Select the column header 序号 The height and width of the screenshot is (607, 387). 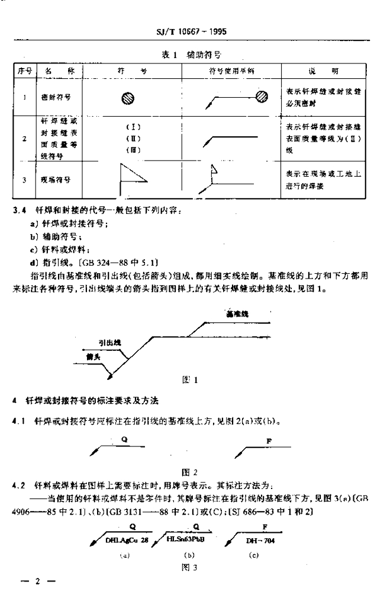(24, 71)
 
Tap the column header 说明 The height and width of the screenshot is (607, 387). (323, 71)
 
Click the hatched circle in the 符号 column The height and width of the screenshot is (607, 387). (127, 98)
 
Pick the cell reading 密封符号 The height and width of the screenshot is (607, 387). (52, 95)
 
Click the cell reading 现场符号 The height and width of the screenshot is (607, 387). (52, 179)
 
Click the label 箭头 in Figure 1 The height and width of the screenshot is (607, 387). (92, 357)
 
